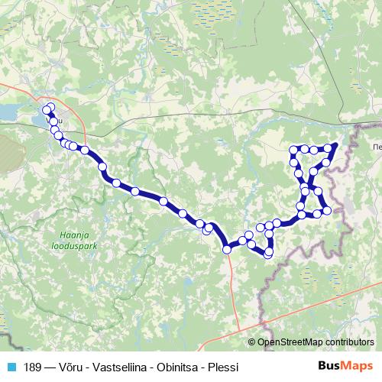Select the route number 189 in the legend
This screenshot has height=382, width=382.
pyautogui.click(x=33, y=367)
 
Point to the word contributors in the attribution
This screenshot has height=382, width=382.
pyautogui.click(x=348, y=343)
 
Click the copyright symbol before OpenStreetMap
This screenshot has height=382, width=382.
pyautogui.click(x=252, y=343)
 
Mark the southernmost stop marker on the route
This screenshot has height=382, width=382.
pyautogui.click(x=268, y=254)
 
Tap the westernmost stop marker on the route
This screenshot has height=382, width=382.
pyautogui.click(x=46, y=110)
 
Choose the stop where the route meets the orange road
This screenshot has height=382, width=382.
pyautogui.click(x=227, y=248)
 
